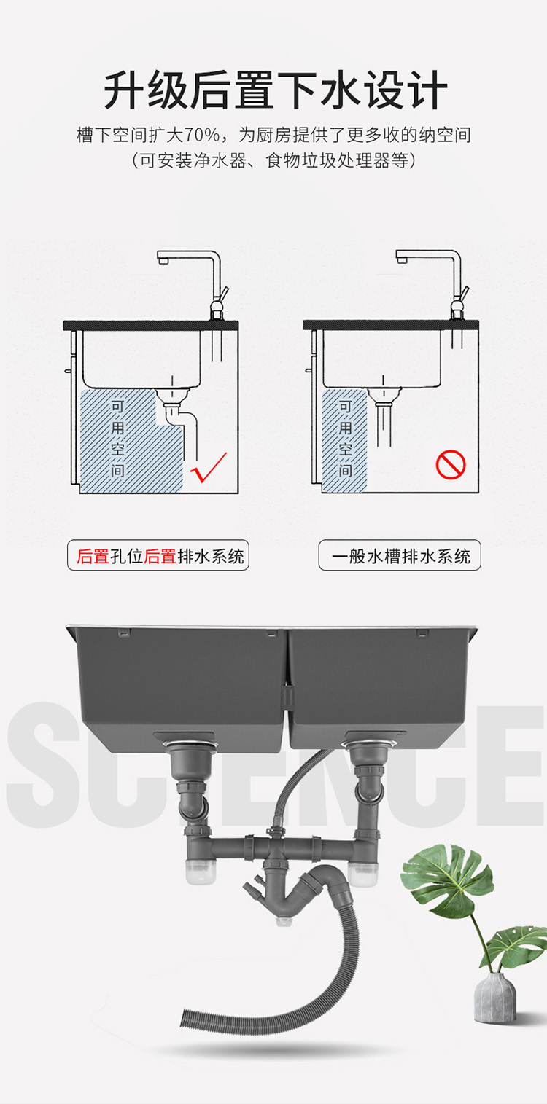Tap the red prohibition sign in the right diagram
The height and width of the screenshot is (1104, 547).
pyautogui.click(x=451, y=464)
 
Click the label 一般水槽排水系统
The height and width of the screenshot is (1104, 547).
pyautogui.click(x=400, y=556)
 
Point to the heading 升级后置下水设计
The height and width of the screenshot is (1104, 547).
pyautogui.click(x=276, y=90)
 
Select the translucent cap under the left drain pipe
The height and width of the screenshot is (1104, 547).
pyautogui.click(x=201, y=874)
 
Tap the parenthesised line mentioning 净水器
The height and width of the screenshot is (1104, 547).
pyautogui.click(x=273, y=160)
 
